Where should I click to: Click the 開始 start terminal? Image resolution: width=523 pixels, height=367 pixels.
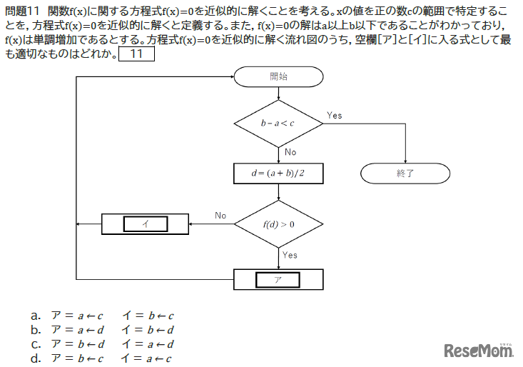pyautogui.click(x=279, y=75)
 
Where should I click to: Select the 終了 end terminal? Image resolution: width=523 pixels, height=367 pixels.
pyautogui.click(x=405, y=173)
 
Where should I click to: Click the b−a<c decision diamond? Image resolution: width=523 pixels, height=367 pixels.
pyautogui.click(x=279, y=124)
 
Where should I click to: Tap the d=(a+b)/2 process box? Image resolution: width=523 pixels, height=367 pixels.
pyautogui.click(x=279, y=173)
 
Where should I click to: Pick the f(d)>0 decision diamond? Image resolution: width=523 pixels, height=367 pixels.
pyautogui.click(x=279, y=223)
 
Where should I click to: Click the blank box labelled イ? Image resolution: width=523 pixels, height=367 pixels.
pyautogui.click(x=146, y=223)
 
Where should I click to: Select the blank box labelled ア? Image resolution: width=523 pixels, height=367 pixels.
pyautogui.click(x=279, y=279)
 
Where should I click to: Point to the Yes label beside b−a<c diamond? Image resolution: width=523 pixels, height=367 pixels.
pyautogui.click(x=334, y=115)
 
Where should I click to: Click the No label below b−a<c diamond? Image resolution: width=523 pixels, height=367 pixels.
pyautogui.click(x=290, y=152)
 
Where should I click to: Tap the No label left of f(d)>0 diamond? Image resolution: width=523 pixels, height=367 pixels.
pyautogui.click(x=220, y=215)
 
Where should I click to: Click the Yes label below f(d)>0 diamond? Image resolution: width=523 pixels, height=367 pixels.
pyautogui.click(x=290, y=255)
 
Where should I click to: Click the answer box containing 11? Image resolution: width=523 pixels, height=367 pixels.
pyautogui.click(x=136, y=54)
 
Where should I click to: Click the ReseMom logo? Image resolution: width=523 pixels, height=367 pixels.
pyautogui.click(x=478, y=350)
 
